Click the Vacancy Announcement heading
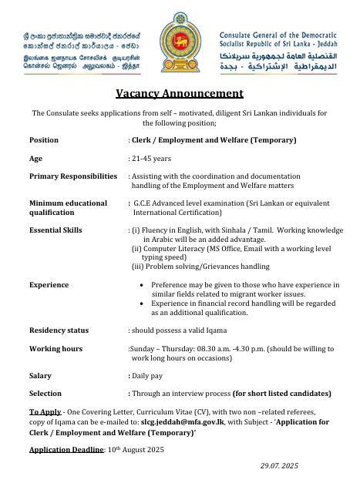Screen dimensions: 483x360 (x=180, y=95)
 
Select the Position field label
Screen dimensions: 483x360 (x=44, y=140)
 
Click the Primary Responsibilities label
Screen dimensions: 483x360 (x=73, y=176)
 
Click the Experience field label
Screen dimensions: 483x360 (x=49, y=284)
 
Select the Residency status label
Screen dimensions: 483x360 (x=59, y=330)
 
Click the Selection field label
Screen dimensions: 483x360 (x=45, y=393)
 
